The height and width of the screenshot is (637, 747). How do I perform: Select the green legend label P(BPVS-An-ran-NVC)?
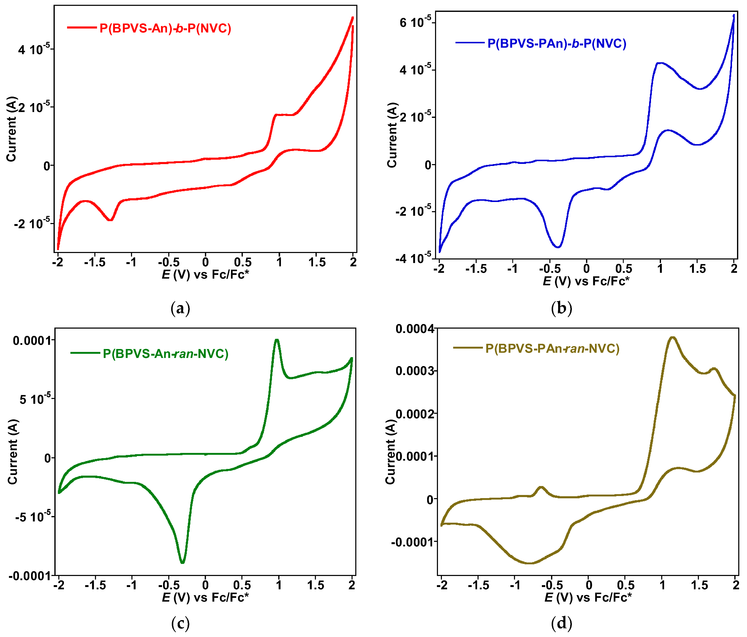point(166,354)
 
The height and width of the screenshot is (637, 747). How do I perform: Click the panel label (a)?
point(180,309)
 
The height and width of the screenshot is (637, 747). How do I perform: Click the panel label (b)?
point(561,309)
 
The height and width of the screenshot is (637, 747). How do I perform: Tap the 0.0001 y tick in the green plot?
point(32,340)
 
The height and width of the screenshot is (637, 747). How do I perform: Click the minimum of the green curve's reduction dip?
point(182,562)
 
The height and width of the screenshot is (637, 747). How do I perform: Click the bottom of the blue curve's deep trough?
point(558,247)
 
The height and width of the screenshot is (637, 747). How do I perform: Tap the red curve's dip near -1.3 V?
point(111,219)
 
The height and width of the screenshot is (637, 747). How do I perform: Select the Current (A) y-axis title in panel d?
point(390,452)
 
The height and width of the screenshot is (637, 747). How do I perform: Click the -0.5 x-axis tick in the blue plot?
point(550,269)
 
